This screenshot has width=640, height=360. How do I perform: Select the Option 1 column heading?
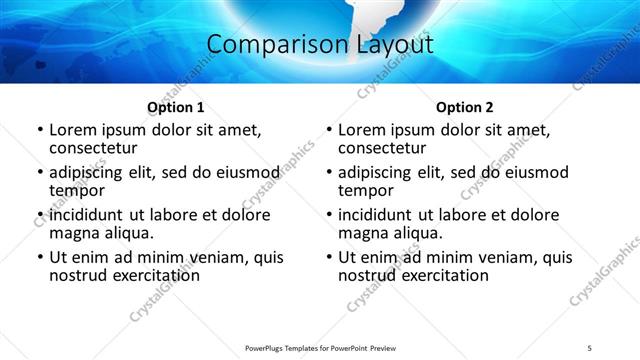click(176, 107)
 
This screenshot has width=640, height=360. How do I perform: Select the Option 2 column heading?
click(465, 107)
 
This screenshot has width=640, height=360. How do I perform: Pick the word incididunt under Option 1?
click(85, 215)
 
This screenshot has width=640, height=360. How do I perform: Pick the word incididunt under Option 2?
click(374, 215)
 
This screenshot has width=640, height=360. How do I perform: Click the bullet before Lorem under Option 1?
click(40, 130)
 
